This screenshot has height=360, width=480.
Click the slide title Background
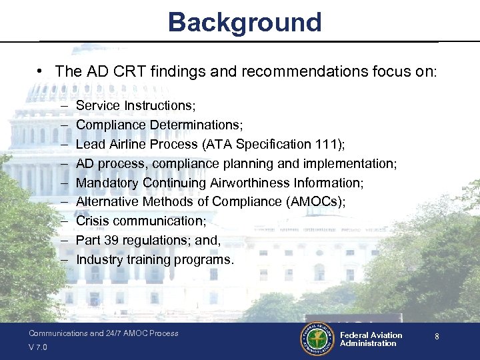[245, 22]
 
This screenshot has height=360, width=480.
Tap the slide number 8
[437, 337]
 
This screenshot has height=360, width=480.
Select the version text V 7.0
[38, 347]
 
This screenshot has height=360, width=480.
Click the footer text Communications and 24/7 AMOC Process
[103, 333]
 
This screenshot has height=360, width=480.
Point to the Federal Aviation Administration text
[371, 339]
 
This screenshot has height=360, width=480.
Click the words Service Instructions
[134, 105]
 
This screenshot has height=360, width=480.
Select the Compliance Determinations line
[159, 125]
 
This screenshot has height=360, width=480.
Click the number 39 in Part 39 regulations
[108, 240]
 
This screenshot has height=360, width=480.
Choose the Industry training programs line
[155, 259]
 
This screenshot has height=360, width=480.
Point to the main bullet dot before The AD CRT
[41, 71]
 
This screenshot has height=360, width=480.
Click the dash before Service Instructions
[63, 105]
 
